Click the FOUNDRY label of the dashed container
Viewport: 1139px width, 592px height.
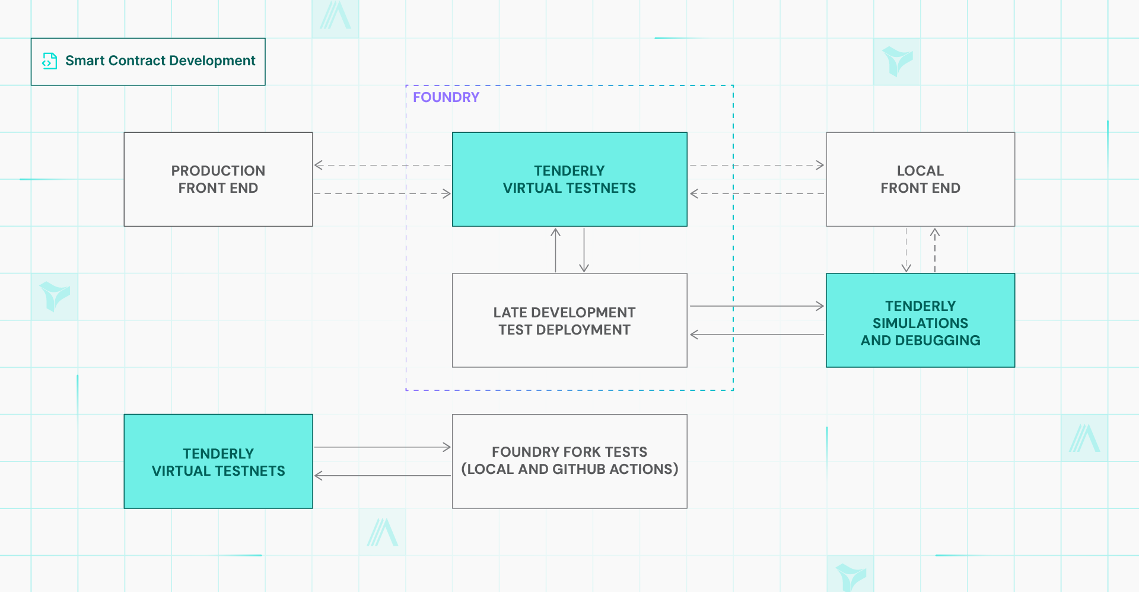point(446,97)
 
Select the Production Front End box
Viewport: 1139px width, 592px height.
point(218,179)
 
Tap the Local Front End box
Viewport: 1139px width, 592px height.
point(920,179)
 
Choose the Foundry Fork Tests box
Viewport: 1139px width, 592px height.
point(569,461)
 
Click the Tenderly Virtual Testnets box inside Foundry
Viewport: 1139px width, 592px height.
point(569,179)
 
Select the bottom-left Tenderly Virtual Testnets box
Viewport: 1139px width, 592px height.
point(218,461)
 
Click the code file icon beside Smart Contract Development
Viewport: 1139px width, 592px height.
point(50,61)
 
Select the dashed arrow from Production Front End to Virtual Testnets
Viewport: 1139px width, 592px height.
point(383,193)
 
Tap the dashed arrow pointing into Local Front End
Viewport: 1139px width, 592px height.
point(756,165)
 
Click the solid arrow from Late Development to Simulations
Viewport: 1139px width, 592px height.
point(756,306)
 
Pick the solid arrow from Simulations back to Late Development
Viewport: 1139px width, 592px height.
point(756,335)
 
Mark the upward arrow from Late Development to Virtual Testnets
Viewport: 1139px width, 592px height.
point(555,250)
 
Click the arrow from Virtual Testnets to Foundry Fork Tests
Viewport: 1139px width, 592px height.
point(383,447)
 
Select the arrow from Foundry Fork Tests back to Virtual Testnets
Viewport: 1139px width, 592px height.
point(383,476)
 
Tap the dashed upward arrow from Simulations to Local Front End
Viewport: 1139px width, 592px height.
point(935,250)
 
